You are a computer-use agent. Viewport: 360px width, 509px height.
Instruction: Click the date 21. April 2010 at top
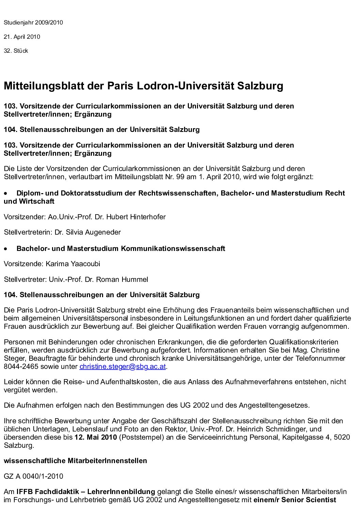click(22, 37)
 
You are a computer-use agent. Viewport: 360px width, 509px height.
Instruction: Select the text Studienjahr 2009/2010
click(33, 23)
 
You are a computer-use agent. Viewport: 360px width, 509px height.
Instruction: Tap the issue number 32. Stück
click(16, 51)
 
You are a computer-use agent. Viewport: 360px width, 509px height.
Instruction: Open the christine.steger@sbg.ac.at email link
click(123, 367)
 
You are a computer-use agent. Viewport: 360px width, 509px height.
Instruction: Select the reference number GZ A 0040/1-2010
click(33, 476)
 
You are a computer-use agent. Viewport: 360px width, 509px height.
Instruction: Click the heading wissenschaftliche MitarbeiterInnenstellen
click(75, 461)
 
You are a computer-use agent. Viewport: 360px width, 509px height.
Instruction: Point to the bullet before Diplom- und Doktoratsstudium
click(5, 193)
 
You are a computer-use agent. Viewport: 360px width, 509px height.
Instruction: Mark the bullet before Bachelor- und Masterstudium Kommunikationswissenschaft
click(5, 249)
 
